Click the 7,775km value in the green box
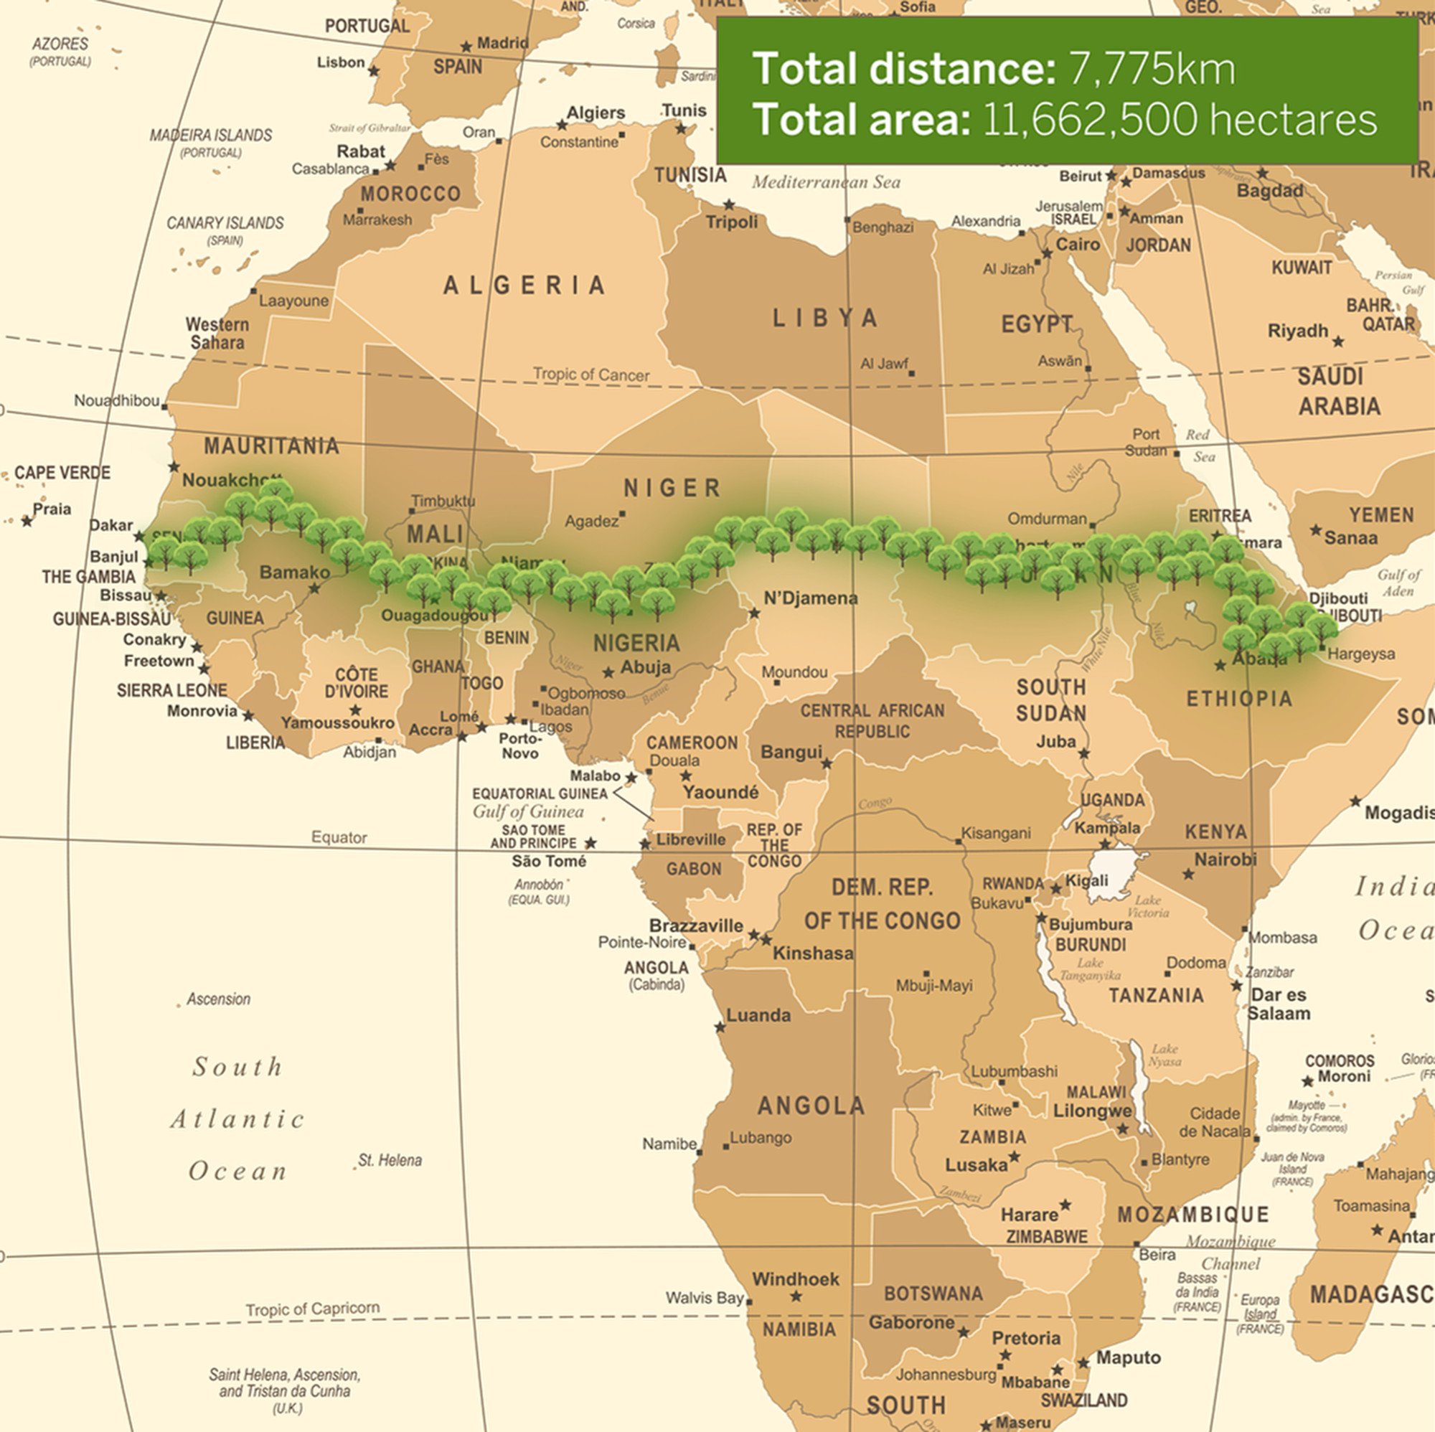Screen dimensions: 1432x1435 coord(1152,69)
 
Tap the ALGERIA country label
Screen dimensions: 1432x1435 coord(524,285)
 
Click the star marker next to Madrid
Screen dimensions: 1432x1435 coord(466,47)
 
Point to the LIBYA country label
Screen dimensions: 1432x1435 coord(825,318)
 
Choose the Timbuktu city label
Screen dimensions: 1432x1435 coord(443,501)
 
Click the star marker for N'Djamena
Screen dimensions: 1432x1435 coord(754,613)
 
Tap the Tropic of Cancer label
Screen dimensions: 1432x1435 coord(591,375)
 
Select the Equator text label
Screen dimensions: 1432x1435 coord(339,837)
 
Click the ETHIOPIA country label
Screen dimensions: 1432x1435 coord(1239,698)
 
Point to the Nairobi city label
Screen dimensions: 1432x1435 coord(1225,859)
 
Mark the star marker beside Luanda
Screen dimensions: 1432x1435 coord(720,1027)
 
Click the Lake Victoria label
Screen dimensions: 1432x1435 coord(1147,906)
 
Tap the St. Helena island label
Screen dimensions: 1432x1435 coord(390,1160)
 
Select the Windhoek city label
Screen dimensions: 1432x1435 coord(796,1279)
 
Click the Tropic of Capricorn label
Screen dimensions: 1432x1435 coord(313,1308)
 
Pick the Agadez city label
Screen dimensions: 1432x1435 coord(591,522)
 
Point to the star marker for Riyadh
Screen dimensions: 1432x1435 coord(1337,341)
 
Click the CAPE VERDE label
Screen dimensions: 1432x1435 coord(62,472)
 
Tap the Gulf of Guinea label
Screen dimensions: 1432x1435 coord(528,811)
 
